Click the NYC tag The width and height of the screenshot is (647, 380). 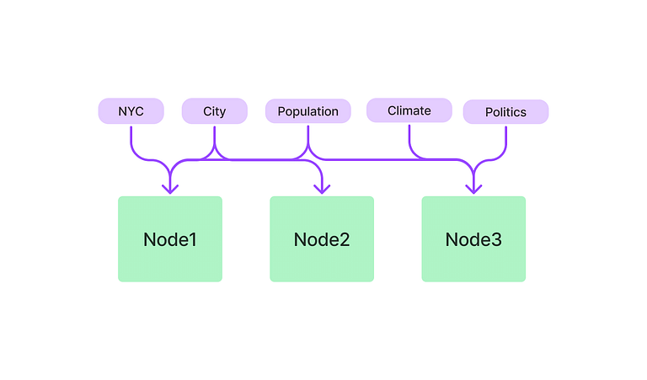tap(131, 111)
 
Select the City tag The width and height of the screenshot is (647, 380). tap(215, 111)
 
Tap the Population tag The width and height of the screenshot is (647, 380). tap(307, 111)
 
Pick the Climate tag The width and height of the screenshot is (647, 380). tap(409, 110)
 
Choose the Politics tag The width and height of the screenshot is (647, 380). tap(505, 112)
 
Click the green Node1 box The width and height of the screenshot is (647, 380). tap(170, 239)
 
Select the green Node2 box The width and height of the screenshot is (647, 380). tap(322, 239)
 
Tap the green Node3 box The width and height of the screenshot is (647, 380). tap(473, 239)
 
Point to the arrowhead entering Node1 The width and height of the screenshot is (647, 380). tap(170, 190)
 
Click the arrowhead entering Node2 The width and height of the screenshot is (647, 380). tap(322, 190)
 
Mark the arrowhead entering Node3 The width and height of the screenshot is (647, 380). tap(473, 190)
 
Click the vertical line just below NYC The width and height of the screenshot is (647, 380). tap(131, 136)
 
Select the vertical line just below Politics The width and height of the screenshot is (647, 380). tap(505, 136)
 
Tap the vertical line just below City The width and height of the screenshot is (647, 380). tap(215, 136)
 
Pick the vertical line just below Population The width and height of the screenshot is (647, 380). tap(308, 135)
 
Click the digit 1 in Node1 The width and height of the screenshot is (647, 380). tap(192, 239)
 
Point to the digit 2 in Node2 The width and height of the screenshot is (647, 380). tap(344, 239)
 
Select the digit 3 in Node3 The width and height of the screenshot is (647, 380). tap(496, 239)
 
